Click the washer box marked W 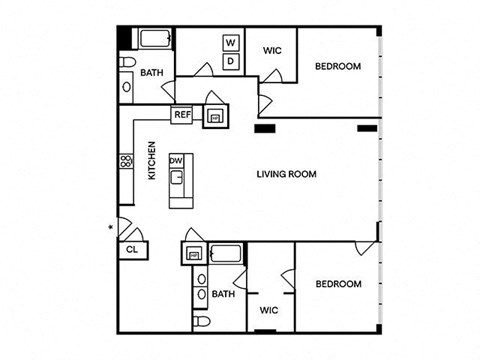(x=231, y=43)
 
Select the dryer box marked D (x=231, y=61)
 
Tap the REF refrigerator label (x=183, y=115)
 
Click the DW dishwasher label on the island (x=176, y=161)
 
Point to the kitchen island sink (x=177, y=177)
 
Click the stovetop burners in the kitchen (x=127, y=162)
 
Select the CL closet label (x=132, y=249)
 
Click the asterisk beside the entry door (x=111, y=227)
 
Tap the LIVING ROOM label (x=287, y=174)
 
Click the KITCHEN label (x=152, y=161)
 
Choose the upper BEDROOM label (x=338, y=66)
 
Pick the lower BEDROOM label (x=339, y=284)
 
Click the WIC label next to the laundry (x=272, y=51)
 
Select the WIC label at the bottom (x=269, y=310)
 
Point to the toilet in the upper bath (x=128, y=62)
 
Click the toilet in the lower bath (x=202, y=321)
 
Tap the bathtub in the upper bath (x=155, y=39)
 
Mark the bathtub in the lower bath (x=226, y=254)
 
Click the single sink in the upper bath (x=127, y=87)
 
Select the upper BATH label (x=152, y=73)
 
